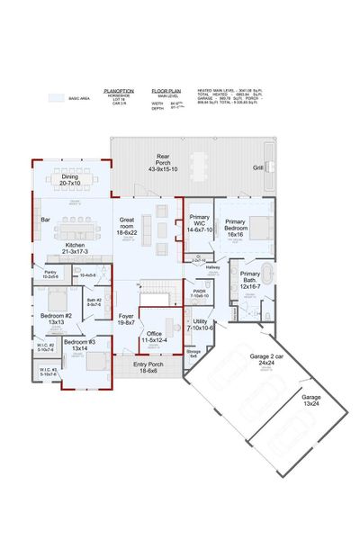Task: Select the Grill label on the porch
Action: (258, 167)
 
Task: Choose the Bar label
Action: (44, 219)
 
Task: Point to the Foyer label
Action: (126, 319)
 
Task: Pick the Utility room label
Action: (200, 325)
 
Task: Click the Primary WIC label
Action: (199, 226)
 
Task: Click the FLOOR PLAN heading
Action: (167, 91)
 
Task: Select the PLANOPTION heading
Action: (120, 91)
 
